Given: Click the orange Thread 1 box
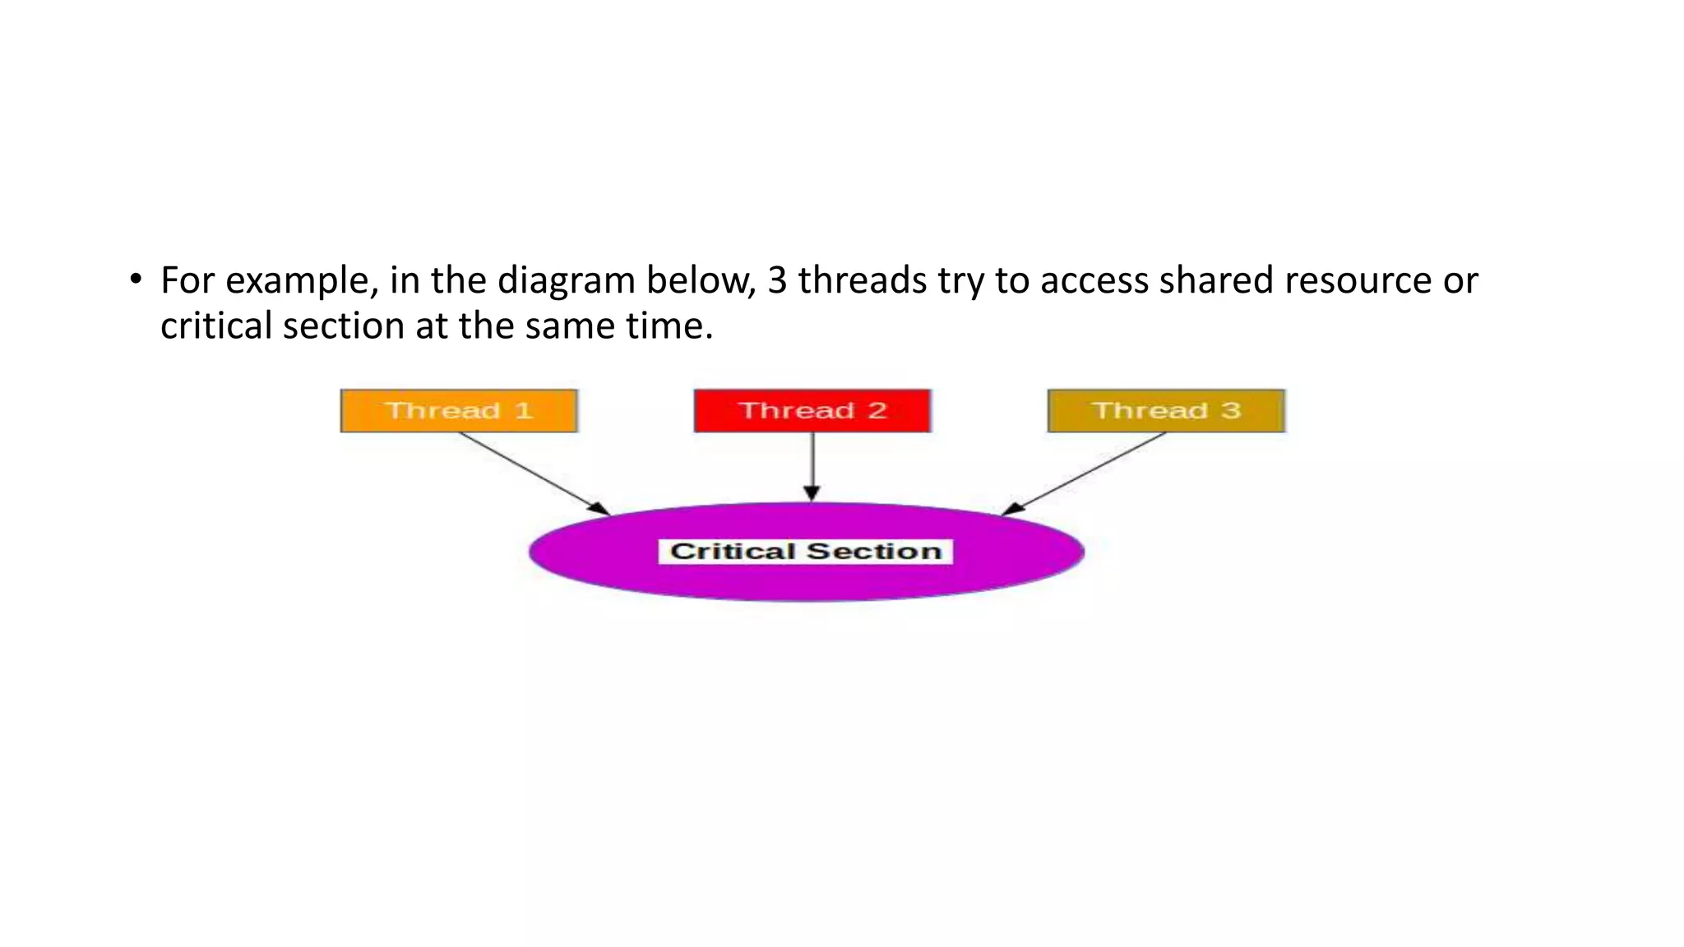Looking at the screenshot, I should tap(459, 411).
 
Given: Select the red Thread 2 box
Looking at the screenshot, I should tap(812, 411).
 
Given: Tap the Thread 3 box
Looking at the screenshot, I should tap(1166, 411).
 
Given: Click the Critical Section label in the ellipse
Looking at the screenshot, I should tap(806, 552).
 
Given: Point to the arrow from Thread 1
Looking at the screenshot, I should tap(534, 473).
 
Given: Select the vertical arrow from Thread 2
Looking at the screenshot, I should tap(812, 465).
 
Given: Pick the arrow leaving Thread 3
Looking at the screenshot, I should tap(1085, 473).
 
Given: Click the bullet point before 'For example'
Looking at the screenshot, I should tap(135, 279).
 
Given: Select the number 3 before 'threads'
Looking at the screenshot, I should tap(777, 281).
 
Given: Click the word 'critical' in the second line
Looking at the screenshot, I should tap(216, 326).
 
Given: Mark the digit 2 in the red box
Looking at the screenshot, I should tap(877, 411).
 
